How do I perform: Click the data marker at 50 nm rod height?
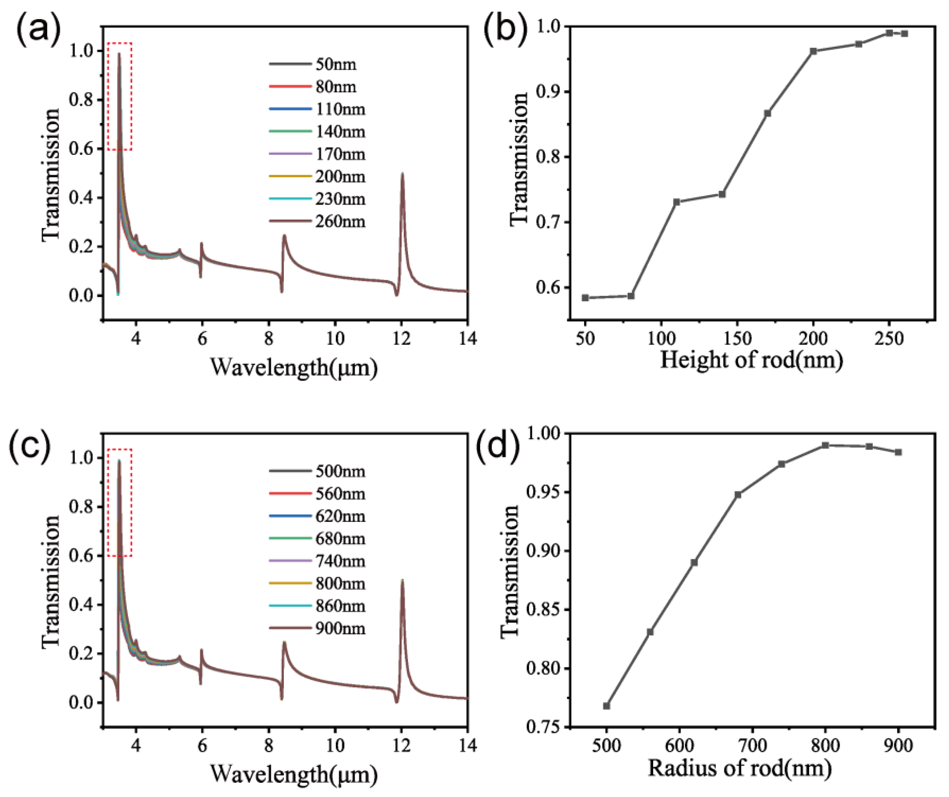click(585, 298)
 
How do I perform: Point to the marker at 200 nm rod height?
click(814, 51)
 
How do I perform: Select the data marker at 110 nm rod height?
click(676, 202)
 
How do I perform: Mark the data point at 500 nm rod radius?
click(606, 706)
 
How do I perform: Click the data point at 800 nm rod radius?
click(825, 445)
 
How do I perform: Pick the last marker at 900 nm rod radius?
click(898, 452)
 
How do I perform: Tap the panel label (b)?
click(505, 31)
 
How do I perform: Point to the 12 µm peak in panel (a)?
click(402, 174)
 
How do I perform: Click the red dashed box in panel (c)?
click(120, 503)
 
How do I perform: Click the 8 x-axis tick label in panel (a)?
click(269, 338)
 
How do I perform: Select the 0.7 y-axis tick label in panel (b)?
click(547, 222)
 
